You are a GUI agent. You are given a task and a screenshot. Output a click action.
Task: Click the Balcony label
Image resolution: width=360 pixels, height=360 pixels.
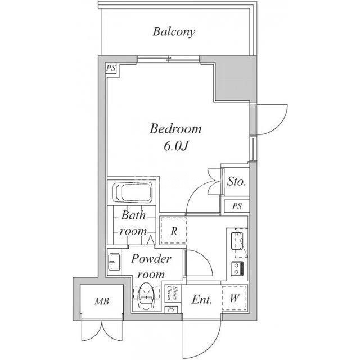(174, 32)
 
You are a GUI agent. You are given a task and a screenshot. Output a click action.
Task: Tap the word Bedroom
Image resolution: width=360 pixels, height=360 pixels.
(175, 129)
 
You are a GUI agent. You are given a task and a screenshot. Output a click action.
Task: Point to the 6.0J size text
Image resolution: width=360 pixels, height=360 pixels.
(176, 146)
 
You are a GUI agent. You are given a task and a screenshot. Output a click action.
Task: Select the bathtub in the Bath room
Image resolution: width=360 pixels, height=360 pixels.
(133, 192)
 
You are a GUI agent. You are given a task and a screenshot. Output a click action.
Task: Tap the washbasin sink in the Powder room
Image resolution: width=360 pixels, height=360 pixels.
(114, 262)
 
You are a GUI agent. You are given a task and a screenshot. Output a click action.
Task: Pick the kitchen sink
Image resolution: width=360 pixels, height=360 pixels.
(237, 241)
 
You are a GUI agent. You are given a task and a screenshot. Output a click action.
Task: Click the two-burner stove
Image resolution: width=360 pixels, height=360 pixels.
(237, 268)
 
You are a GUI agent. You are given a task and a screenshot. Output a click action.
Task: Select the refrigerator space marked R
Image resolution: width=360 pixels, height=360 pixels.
(174, 230)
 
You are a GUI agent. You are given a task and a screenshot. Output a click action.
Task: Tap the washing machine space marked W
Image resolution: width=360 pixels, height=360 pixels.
(235, 298)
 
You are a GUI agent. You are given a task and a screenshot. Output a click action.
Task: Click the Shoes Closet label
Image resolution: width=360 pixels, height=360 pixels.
(173, 294)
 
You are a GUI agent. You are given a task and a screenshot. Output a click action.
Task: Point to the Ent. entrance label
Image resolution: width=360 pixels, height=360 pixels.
(202, 299)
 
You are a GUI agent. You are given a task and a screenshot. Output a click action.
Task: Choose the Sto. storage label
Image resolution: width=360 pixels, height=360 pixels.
(236, 182)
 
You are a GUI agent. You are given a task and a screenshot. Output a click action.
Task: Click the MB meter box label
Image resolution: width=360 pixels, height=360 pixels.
(102, 301)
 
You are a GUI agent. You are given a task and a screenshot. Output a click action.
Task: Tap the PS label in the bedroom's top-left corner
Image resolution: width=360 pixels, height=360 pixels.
(111, 68)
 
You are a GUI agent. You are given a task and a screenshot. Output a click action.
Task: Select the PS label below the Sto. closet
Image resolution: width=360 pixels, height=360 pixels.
(237, 206)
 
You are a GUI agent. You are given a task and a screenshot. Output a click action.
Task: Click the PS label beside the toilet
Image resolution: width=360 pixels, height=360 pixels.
(171, 309)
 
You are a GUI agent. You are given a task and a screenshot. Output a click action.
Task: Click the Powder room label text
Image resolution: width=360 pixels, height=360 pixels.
(151, 266)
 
